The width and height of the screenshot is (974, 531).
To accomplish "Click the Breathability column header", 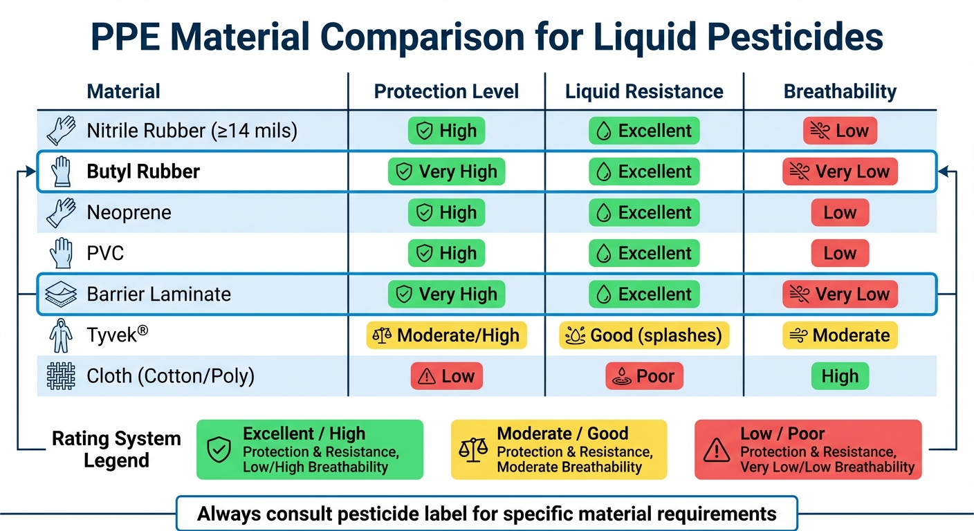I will click(840, 91).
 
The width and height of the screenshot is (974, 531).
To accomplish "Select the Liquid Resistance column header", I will click(644, 91).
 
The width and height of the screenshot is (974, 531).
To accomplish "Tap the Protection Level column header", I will click(446, 91).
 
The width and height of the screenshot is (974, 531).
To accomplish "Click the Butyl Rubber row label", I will click(143, 171).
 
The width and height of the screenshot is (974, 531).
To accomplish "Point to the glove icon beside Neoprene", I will click(60, 212).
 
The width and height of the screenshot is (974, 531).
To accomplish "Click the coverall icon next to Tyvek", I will click(60, 336).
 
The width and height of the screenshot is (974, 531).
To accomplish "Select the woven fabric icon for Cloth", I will click(60, 376).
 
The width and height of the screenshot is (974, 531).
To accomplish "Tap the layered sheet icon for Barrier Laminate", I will click(60, 294).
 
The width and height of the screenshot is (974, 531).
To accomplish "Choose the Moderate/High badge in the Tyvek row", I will click(446, 335).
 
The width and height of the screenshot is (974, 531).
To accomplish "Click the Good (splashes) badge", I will click(644, 335).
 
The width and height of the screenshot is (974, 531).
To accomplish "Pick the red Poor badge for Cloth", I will click(644, 376).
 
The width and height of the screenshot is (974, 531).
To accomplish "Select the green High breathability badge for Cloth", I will click(840, 376).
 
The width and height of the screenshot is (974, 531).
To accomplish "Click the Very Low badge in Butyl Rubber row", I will click(840, 171).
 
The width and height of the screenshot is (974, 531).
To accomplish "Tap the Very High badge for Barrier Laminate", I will click(446, 294).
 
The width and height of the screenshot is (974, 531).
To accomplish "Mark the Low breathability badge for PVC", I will click(840, 253).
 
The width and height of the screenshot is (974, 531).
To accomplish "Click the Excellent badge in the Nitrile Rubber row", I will click(644, 131).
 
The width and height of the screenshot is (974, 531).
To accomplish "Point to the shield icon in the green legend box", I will click(219, 450).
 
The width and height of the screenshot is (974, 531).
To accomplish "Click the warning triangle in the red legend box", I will click(717, 450).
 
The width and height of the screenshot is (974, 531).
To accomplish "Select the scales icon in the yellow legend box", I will click(473, 450).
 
